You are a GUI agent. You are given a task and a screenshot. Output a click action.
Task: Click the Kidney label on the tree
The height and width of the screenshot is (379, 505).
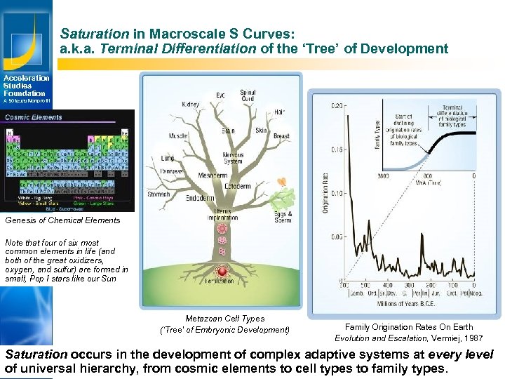(190, 105)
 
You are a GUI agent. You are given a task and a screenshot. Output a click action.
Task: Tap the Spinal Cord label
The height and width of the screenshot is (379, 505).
(248, 96)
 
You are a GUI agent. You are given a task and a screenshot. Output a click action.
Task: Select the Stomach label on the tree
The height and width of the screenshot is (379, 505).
(158, 194)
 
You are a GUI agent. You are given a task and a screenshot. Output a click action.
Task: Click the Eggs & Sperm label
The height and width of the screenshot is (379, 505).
(282, 217)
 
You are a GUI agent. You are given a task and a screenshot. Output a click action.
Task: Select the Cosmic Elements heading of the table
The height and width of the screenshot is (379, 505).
(34, 117)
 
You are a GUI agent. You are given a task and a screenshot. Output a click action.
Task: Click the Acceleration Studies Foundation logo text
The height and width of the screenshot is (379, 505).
(26, 86)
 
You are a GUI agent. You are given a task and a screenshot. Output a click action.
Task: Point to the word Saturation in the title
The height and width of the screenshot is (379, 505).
(85, 34)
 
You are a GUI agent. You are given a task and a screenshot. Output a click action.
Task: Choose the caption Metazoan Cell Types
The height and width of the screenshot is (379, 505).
(224, 319)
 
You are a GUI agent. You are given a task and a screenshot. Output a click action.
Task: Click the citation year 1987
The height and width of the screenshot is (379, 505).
(469, 338)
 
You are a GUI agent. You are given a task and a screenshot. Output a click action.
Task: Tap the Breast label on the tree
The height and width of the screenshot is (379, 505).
(281, 136)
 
